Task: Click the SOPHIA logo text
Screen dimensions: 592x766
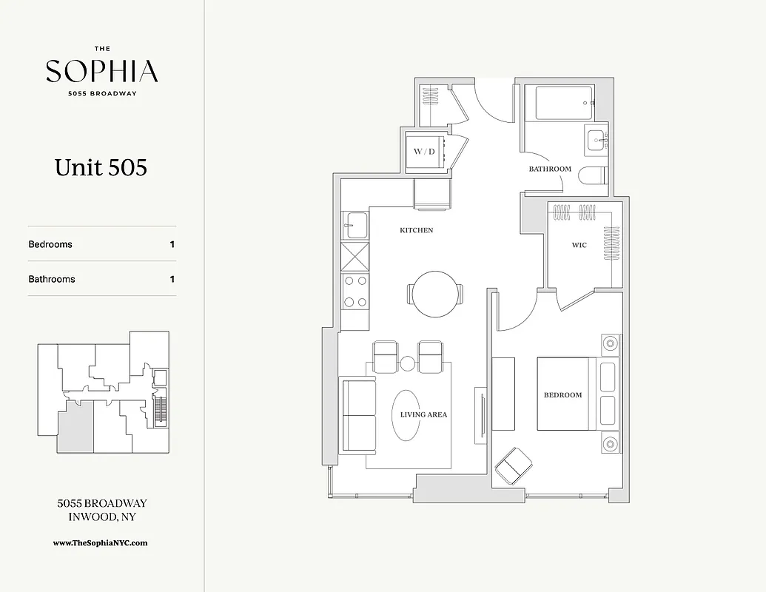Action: [101, 71]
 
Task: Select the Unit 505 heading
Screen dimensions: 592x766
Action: [101, 167]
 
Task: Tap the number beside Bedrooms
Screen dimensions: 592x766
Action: [172, 244]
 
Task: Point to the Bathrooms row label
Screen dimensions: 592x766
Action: [52, 279]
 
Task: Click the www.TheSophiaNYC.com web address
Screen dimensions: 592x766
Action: [101, 542]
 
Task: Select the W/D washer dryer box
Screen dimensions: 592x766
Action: [424, 152]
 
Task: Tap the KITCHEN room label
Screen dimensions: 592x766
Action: [417, 230]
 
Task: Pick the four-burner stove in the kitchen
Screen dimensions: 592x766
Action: [354, 291]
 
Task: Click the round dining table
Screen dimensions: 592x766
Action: [435, 294]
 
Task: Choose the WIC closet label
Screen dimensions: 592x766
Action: [579, 245]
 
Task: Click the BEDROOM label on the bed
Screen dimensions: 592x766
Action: [562, 395]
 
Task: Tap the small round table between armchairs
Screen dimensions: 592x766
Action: [407, 363]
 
